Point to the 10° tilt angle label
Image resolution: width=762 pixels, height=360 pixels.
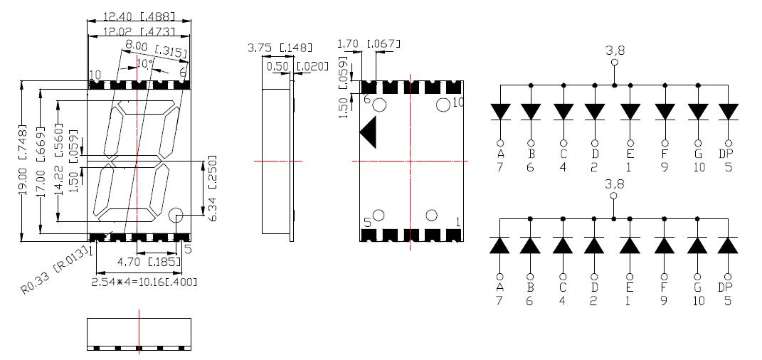[x=144, y=64]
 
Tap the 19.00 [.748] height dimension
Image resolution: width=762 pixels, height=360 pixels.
[x=23, y=164]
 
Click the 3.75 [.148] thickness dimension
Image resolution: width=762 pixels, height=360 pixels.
[x=280, y=48]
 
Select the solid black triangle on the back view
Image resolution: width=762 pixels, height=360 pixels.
[x=369, y=133]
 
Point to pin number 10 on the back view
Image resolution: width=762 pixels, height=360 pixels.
[x=458, y=102]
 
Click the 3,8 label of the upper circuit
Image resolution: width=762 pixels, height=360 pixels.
[x=614, y=51]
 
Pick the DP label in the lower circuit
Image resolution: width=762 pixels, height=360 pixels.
[x=726, y=287]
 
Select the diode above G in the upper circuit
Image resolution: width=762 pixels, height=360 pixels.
[x=697, y=112]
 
